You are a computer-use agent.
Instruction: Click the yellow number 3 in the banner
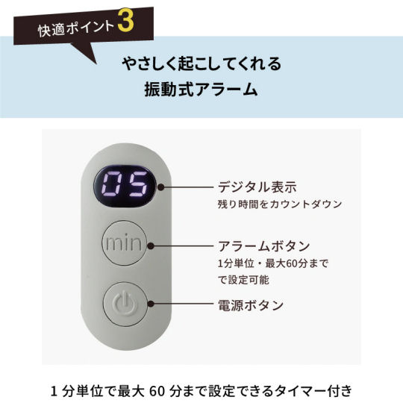[126, 22]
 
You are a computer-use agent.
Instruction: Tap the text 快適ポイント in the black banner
[76, 28]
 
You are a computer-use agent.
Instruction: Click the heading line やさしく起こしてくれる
[201, 63]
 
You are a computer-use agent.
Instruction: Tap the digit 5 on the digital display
[139, 184]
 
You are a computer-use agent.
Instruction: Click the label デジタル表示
[257, 187]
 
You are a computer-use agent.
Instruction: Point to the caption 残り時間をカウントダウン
[280, 204]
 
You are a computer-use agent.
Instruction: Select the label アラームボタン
[264, 246]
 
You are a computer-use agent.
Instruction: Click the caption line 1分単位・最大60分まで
[273, 263]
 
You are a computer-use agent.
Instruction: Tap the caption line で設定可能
[243, 279]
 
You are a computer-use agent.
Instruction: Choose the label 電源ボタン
[251, 305]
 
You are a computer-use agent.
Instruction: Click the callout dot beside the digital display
[161, 187]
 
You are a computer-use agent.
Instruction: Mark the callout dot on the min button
[151, 246]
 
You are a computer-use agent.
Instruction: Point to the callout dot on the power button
[151, 304]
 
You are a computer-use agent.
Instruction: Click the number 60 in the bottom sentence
[157, 391]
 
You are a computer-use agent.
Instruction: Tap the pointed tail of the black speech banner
[96, 63]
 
